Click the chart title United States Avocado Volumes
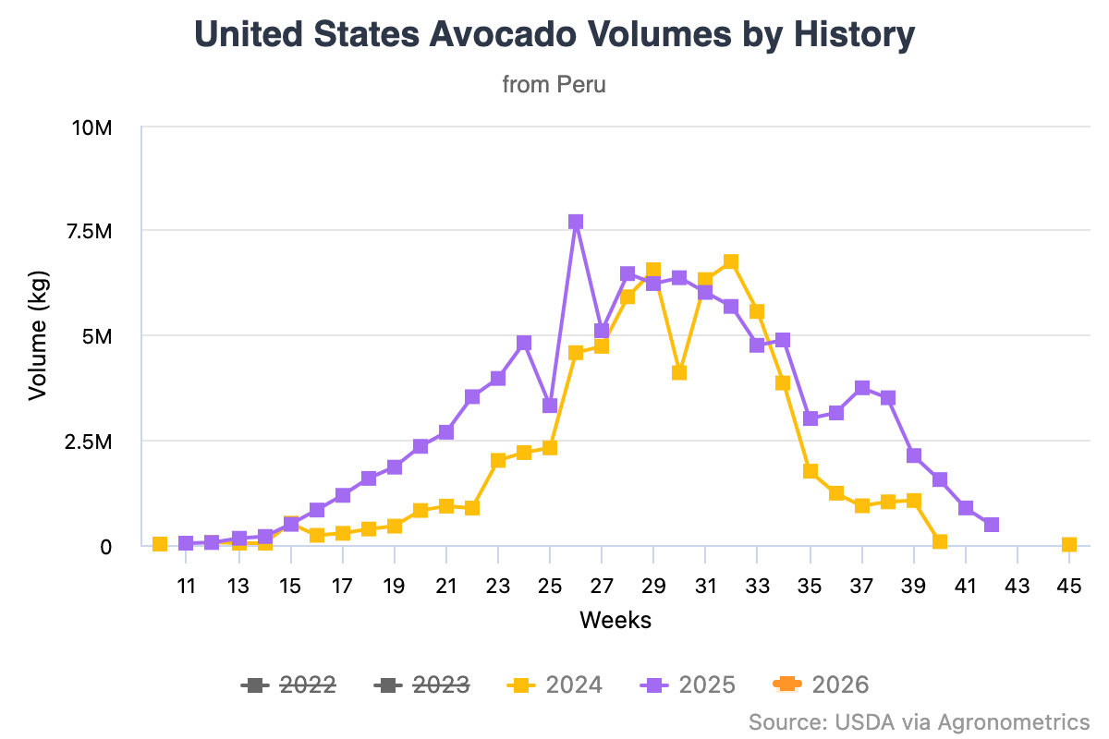pos(554,36)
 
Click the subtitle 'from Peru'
pos(554,85)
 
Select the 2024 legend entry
pos(555,684)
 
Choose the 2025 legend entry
pos(689,684)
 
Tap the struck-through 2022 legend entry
pos(288,684)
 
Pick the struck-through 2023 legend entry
pos(422,684)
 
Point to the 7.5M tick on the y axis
pos(91,231)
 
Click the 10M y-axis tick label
pos(91,127)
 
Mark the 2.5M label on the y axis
pos(91,442)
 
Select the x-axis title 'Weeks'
pos(615,620)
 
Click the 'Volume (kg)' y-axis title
pos(37,336)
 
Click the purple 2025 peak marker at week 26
pos(576,222)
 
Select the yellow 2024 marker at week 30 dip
pos(679,373)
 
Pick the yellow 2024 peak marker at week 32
pos(731,261)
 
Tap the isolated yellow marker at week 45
pos(1069,545)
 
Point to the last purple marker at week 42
pos(992,525)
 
